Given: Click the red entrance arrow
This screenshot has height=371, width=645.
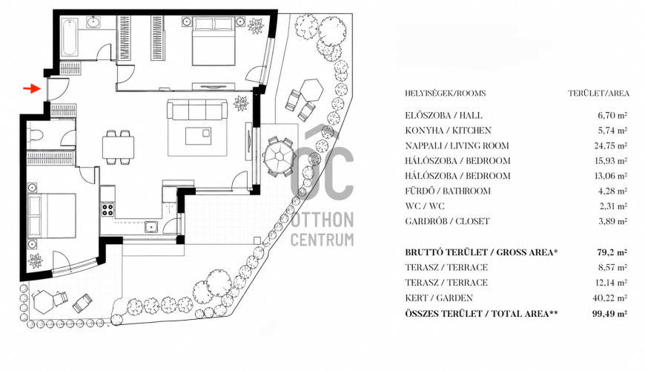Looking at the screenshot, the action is [x=32, y=88].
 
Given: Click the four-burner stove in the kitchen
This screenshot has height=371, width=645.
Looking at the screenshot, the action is [x=107, y=209].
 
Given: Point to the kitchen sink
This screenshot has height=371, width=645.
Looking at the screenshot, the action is [x=151, y=227].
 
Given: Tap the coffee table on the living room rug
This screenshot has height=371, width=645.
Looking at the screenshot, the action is [x=198, y=136].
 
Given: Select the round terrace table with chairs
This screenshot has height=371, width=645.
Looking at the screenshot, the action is [x=278, y=157].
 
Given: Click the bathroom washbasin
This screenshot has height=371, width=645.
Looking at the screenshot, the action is [x=95, y=22].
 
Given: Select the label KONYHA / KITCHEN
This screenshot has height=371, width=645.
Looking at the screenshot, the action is [x=448, y=131].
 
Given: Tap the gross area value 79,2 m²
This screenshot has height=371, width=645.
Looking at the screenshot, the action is [x=612, y=252].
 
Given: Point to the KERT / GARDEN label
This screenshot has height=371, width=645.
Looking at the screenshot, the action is [x=439, y=298].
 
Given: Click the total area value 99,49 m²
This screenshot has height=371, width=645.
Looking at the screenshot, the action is [x=609, y=314].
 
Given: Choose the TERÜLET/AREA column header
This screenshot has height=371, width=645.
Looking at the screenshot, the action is [x=598, y=93].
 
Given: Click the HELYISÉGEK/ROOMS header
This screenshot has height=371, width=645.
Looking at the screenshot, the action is [x=445, y=93].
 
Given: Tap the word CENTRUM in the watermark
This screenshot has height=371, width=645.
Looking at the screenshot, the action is [x=322, y=240].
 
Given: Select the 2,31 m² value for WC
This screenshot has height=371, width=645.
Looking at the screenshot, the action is [x=612, y=206].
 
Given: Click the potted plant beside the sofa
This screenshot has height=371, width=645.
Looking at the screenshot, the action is [x=241, y=103].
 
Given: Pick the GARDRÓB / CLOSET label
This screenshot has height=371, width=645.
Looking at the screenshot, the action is [x=447, y=222].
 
